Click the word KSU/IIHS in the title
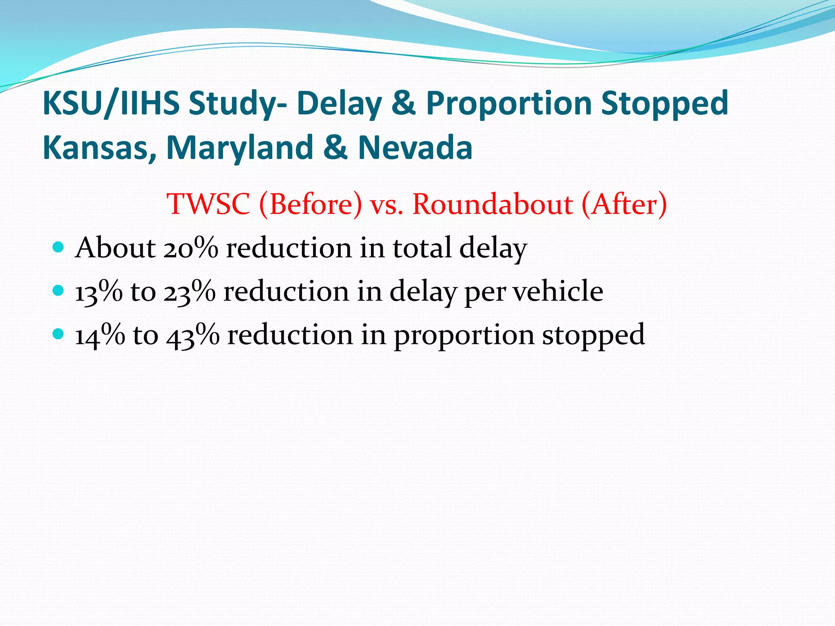tap(111, 104)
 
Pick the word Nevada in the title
tap(415, 148)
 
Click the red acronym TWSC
tap(208, 204)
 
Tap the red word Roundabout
tap(493, 204)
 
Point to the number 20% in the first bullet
tap(191, 248)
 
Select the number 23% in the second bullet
tap(190, 292)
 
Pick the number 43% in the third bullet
tap(193, 335)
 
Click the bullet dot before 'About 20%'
tap(59, 247)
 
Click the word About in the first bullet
tap(115, 248)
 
